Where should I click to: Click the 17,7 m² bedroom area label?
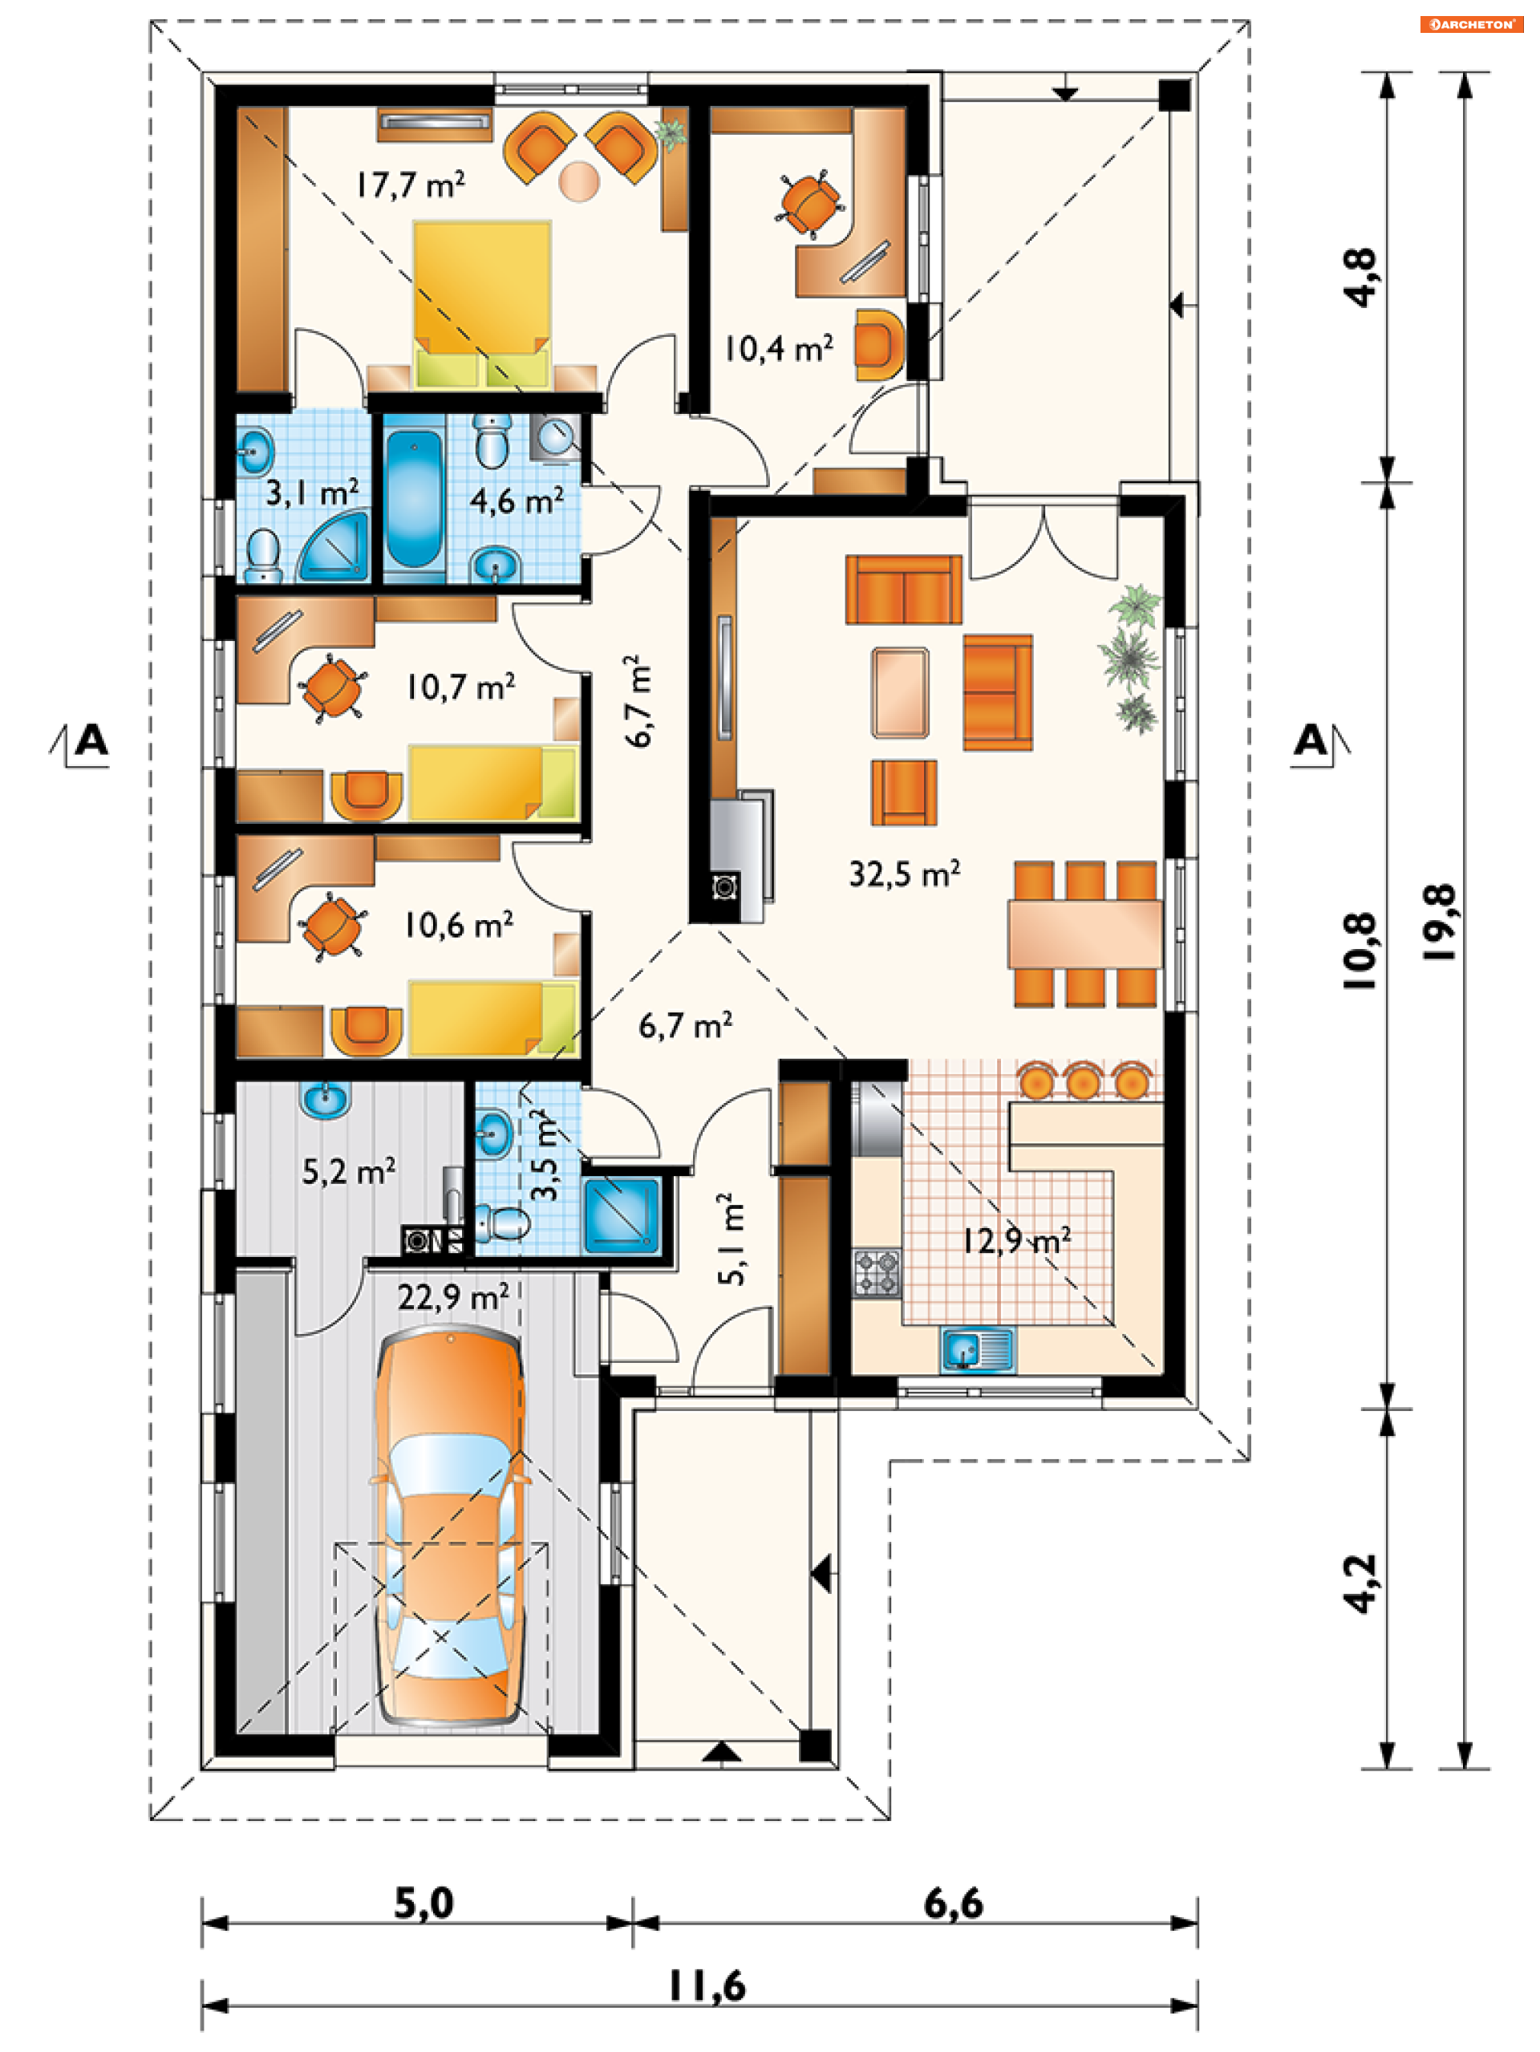pyautogui.click(x=410, y=185)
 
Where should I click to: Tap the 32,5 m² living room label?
pyautogui.click(x=905, y=874)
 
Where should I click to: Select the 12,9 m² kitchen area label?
pyautogui.click(x=1016, y=1239)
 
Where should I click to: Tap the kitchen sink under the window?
pyautogui.click(x=978, y=1350)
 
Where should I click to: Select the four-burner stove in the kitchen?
pyautogui.click(x=877, y=1273)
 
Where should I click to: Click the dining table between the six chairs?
pyautogui.click(x=1085, y=935)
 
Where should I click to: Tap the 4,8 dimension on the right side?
pyautogui.click(x=1361, y=278)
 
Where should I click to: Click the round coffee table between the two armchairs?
pyautogui.click(x=580, y=181)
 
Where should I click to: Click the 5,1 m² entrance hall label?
pyautogui.click(x=731, y=1239)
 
